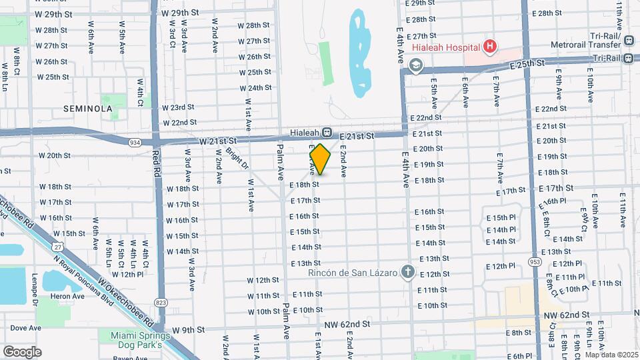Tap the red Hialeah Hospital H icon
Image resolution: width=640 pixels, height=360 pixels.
(490, 47)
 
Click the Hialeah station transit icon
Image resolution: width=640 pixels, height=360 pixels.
(327, 132)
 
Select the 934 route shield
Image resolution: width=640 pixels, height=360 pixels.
(135, 142)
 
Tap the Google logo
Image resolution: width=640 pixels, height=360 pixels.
(22, 351)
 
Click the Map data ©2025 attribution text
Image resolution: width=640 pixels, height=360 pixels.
(611, 355)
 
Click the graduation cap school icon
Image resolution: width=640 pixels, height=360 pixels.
(416, 65)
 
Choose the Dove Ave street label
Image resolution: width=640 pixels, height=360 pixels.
(25, 328)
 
